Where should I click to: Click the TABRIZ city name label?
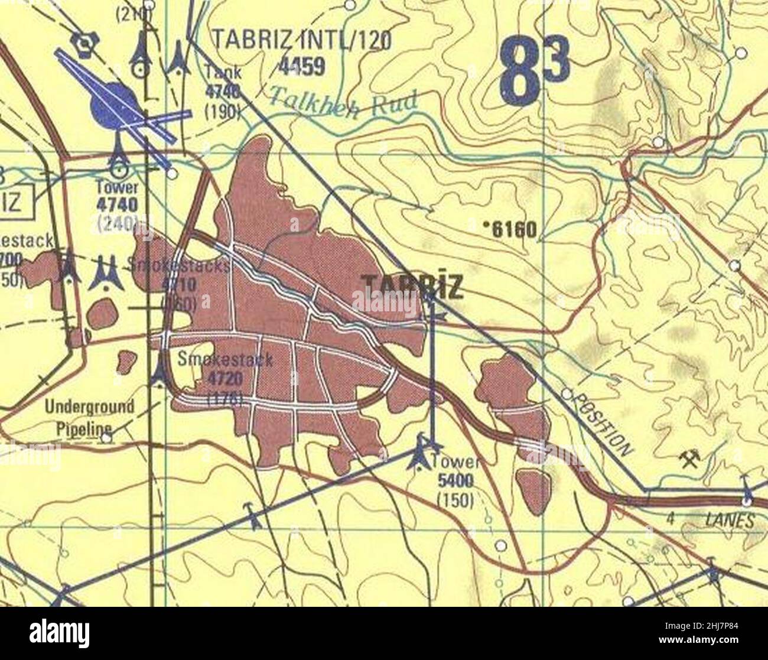pos(412,287)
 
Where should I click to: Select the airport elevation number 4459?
pos(302,67)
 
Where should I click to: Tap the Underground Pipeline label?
pos(89,417)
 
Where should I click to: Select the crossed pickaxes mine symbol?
pos(688,459)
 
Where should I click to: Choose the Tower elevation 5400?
pos(455,482)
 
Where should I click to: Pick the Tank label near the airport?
pos(223,72)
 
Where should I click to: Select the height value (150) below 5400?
pos(455,500)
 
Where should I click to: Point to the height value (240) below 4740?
pos(119,223)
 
